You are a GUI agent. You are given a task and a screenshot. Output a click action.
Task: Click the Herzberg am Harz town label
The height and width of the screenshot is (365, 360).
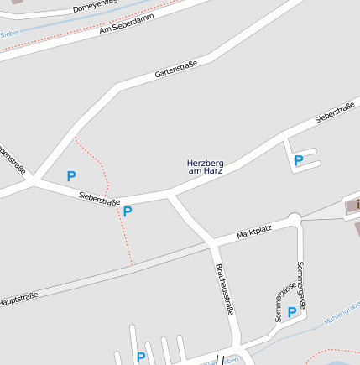click(205, 166)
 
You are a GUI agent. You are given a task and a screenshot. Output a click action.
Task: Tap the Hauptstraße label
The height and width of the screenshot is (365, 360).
click(18, 298)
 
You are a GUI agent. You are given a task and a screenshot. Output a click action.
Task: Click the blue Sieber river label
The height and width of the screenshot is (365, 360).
click(10, 34)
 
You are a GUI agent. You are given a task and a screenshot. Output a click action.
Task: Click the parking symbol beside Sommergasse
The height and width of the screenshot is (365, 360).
click(292, 312)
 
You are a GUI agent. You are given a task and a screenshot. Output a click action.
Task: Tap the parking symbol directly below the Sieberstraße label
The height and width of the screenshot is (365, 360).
click(128, 211)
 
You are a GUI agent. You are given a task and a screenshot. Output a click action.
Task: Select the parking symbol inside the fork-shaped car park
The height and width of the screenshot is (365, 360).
click(299, 159)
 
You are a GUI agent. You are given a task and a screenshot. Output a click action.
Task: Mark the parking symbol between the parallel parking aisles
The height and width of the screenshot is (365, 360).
click(141, 357)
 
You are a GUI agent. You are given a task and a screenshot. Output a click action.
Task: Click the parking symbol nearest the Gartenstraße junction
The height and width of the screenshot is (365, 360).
click(71, 176)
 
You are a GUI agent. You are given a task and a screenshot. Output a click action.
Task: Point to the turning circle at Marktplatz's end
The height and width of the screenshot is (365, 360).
click(295, 220)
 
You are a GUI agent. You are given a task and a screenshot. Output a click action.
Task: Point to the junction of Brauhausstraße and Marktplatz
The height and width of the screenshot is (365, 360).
click(211, 244)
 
